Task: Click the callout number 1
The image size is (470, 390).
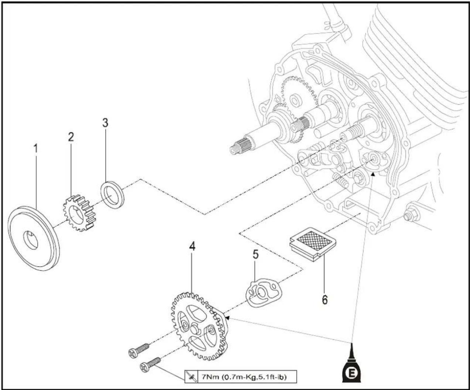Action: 35,149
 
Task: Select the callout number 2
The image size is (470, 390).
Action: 71,137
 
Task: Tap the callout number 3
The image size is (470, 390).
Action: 105,123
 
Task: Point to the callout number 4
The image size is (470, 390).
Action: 192,246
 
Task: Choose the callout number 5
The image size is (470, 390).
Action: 256,254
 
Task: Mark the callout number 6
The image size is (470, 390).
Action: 325,300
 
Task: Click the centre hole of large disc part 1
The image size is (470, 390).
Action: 31,240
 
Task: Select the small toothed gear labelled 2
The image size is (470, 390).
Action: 78,213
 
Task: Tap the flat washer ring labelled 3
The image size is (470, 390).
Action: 112,191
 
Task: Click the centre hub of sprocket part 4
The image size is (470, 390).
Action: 195,329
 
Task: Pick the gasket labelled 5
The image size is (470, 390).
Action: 263,292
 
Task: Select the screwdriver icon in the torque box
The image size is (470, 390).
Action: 191,377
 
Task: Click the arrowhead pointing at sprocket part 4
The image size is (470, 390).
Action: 227,318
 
